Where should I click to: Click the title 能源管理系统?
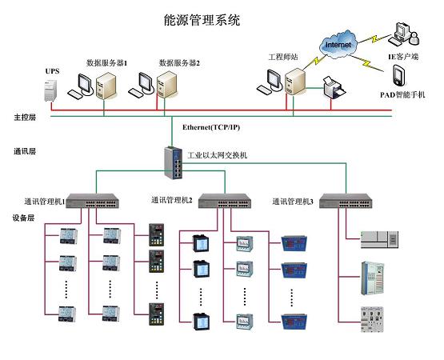click(x=201, y=18)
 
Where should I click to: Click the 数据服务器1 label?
click(x=107, y=62)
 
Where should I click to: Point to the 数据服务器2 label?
click(x=179, y=62)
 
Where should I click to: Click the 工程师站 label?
click(x=282, y=57)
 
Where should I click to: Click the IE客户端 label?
click(x=404, y=58)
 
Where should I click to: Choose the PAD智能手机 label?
click(x=403, y=94)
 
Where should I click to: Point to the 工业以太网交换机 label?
click(x=217, y=154)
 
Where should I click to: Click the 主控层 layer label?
click(x=25, y=117)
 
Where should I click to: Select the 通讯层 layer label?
click(x=25, y=150)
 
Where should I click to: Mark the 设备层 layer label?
click(x=25, y=217)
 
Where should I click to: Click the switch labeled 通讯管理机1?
click(x=93, y=200)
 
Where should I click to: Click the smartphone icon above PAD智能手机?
click(x=399, y=77)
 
